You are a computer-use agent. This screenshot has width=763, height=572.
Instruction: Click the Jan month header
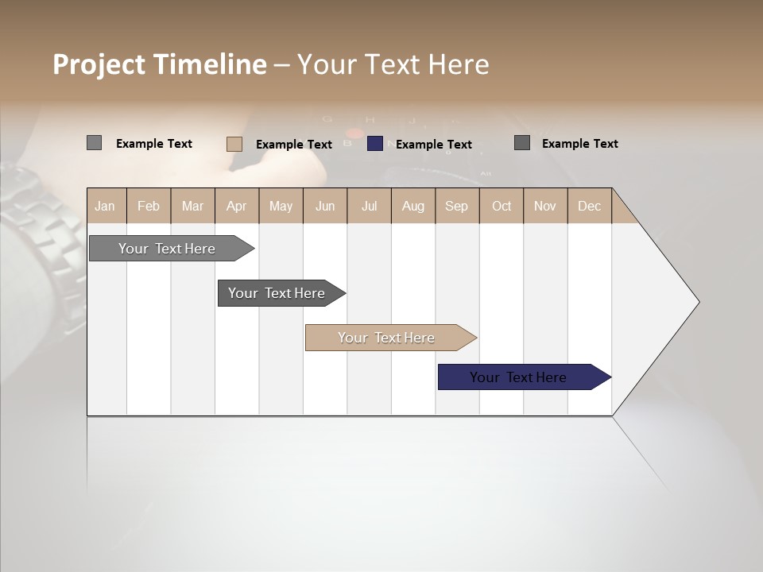pos(105,206)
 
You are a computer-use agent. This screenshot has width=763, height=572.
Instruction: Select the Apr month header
pos(236,206)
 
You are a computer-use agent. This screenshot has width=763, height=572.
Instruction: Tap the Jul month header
pos(369,206)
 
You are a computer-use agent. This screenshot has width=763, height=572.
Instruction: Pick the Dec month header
pos(589,206)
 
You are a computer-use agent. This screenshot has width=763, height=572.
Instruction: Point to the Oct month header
pos(502,206)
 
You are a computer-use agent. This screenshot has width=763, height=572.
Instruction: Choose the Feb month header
pos(149,206)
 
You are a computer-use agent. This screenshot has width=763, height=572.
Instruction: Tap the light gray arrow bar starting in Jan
pos(168,249)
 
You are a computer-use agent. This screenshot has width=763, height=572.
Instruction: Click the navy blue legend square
pos(375,144)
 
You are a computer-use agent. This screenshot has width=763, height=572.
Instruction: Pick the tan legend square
pos(234,144)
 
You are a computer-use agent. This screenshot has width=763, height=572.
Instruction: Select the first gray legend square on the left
pos(94,143)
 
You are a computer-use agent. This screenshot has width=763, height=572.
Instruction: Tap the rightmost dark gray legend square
pos(522,143)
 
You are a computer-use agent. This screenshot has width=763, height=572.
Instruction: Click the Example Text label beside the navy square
pos(434,144)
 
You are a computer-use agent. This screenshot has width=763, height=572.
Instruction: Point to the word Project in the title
pos(99,65)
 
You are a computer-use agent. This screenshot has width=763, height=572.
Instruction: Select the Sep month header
pos(456,206)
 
